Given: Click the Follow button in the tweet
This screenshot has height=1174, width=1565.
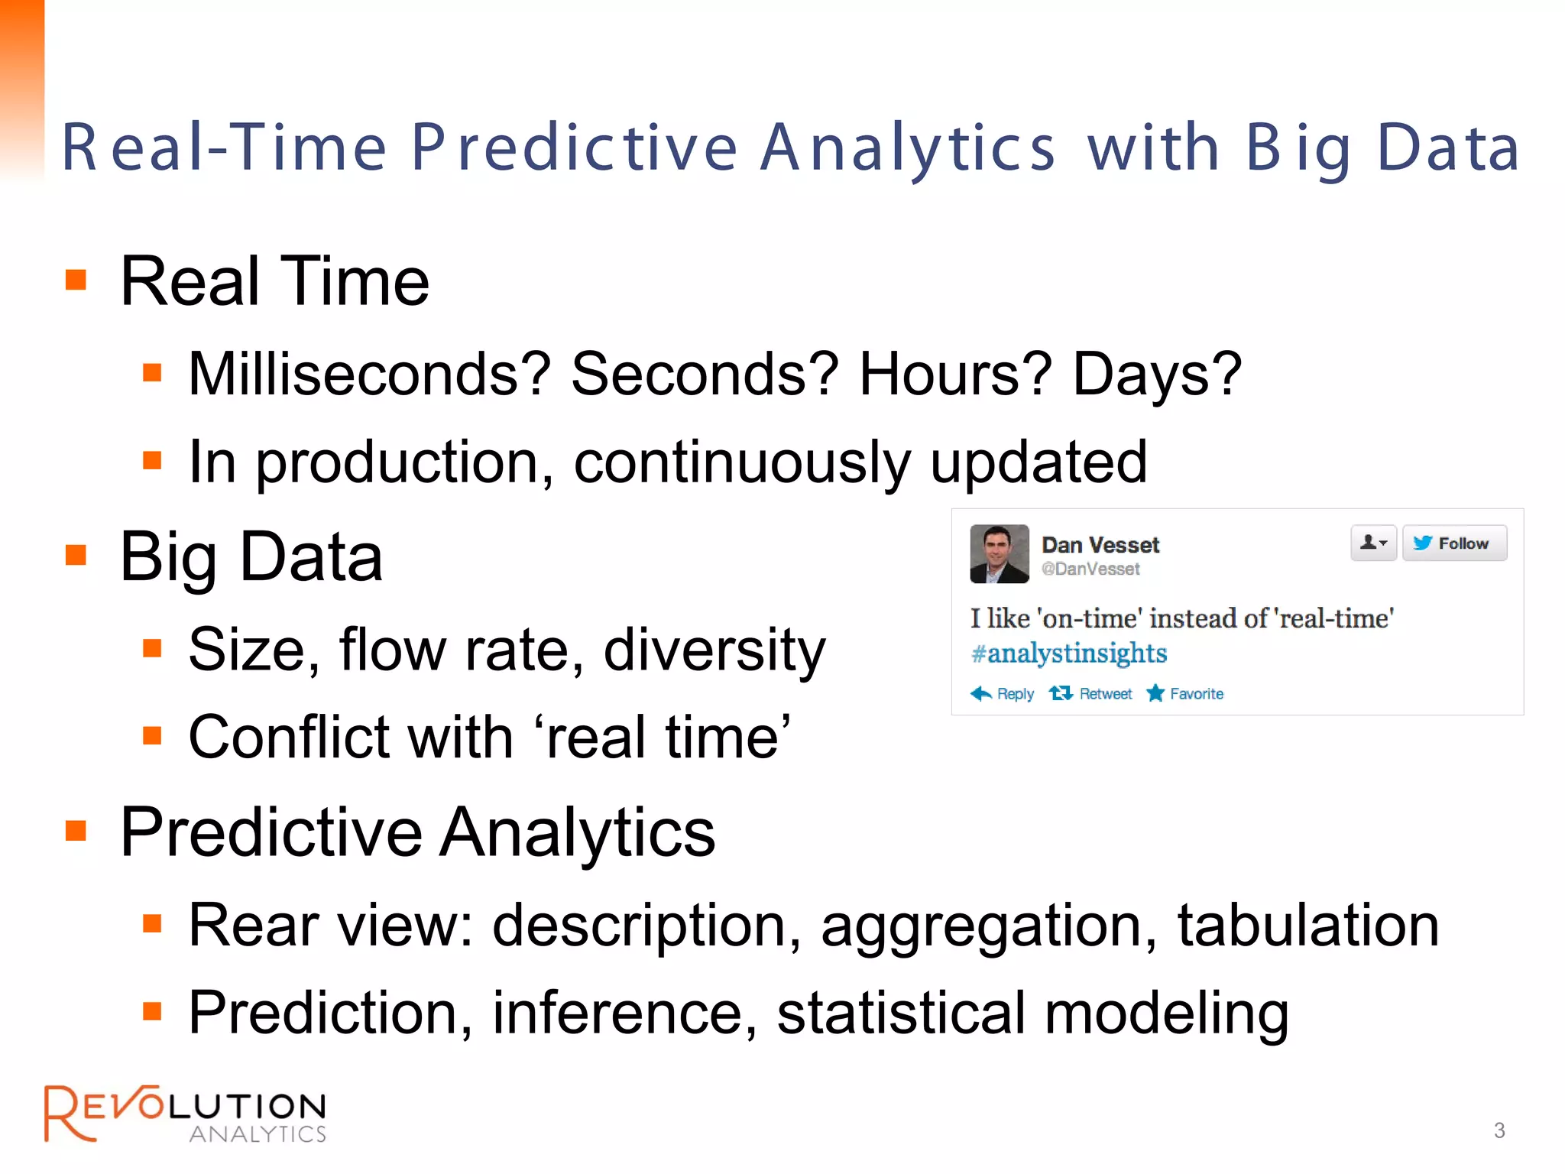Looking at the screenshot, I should pos(1454,543).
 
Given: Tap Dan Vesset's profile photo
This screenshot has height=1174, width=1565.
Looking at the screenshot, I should pos(999,554).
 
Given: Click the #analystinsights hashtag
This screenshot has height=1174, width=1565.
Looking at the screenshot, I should pos(1068,653).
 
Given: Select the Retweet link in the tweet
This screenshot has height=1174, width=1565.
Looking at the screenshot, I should pos(1091,694).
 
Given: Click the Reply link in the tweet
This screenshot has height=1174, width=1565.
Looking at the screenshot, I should pos(1003,694).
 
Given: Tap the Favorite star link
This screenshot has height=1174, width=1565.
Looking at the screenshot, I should pos(1185,694).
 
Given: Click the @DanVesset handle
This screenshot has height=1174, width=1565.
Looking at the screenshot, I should pos(1090,569).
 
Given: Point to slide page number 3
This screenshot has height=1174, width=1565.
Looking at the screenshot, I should pos(1499,1130).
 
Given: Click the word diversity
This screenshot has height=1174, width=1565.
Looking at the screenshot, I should pos(714,650).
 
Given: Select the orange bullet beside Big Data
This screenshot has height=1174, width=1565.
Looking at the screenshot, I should pos(76,555).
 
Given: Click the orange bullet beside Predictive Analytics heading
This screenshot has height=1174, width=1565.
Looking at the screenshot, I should pos(76,830).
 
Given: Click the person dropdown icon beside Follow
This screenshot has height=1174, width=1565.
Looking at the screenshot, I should pos(1372,543).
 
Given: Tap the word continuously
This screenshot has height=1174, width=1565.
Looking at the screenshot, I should pos(741,462).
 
